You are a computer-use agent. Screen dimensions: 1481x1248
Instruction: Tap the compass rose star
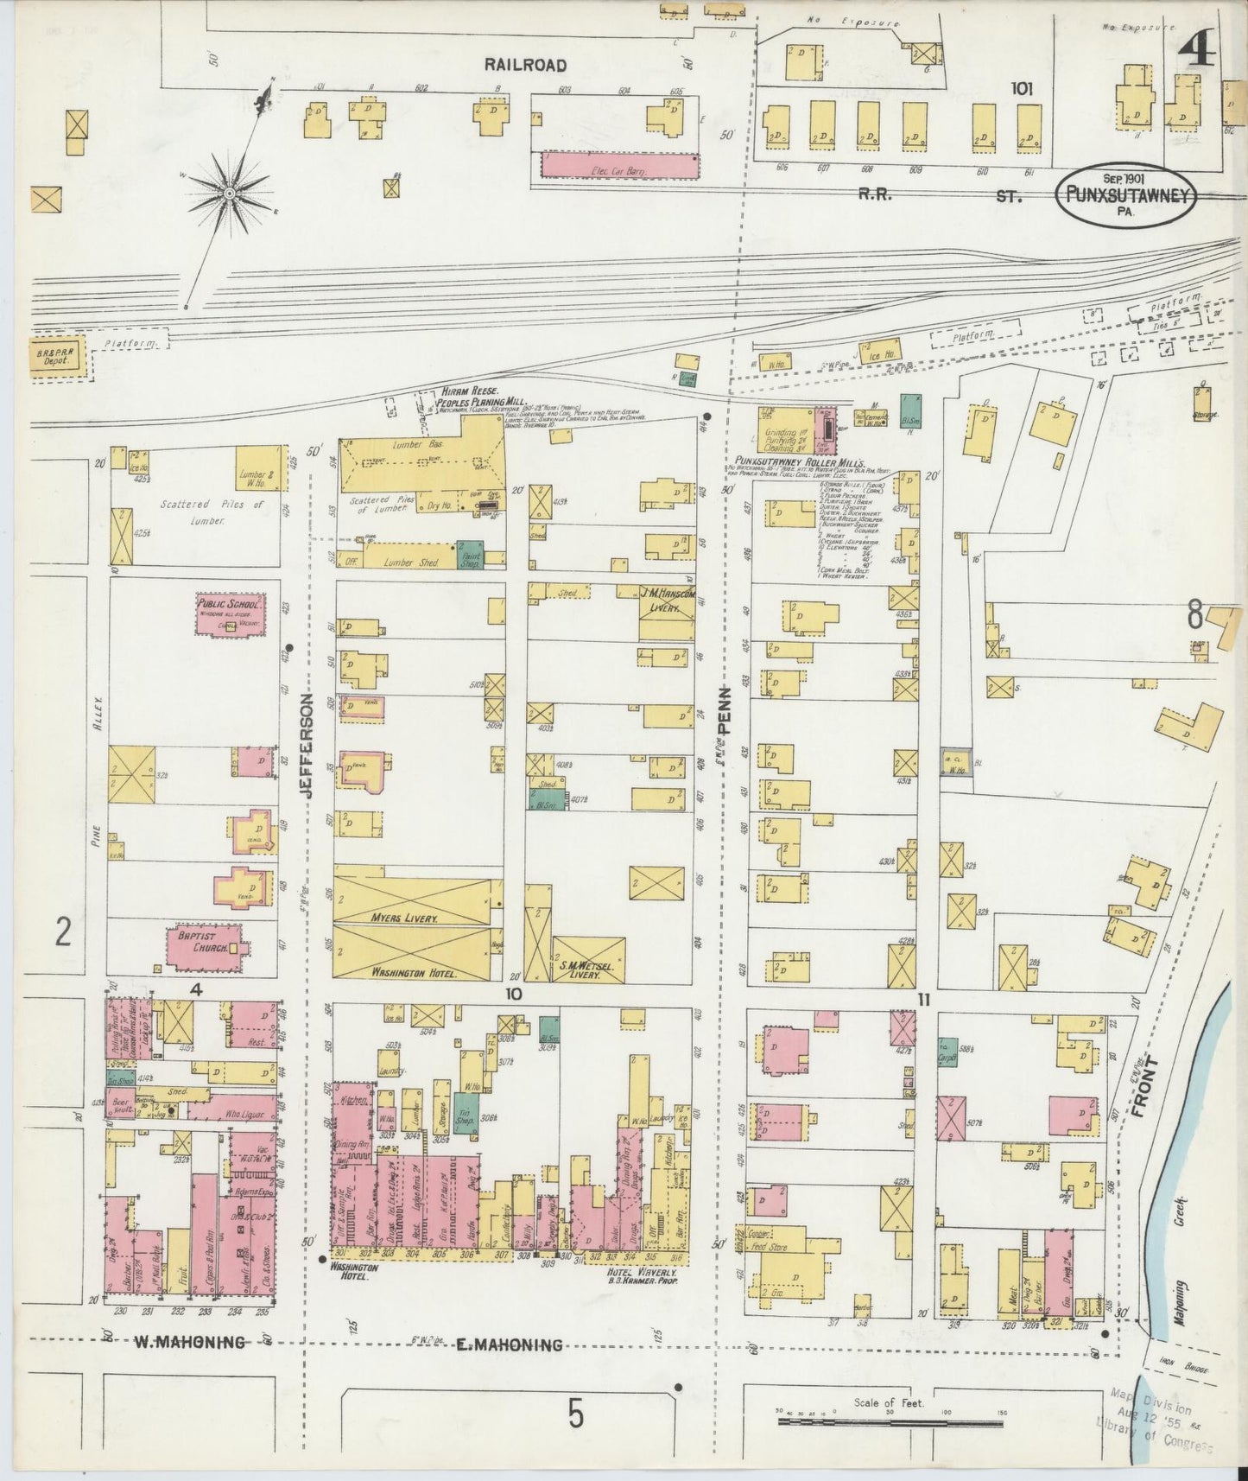click(230, 192)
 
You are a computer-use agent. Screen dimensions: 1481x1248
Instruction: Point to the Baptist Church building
click(204, 948)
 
